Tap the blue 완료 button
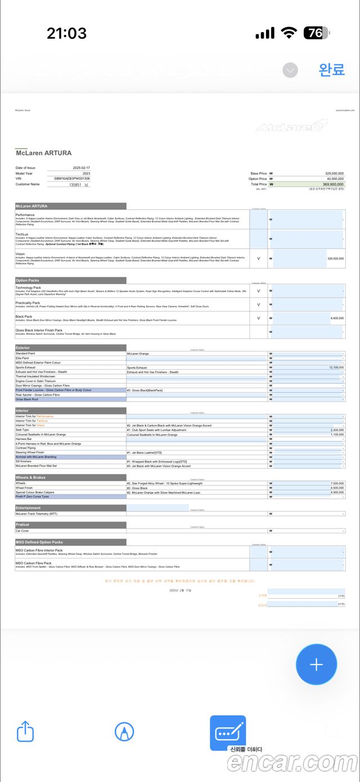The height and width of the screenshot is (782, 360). pos(331,70)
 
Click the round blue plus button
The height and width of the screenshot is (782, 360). pos(316,664)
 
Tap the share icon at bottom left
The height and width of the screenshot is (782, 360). pos(26,732)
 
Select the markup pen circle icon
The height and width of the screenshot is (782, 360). pos(124,732)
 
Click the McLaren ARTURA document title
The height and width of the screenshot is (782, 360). pos(43,153)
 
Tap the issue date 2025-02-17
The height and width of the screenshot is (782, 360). pos(81,168)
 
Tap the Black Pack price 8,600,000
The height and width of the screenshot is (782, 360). pos(336,318)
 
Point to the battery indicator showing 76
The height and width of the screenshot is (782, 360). pos(316,33)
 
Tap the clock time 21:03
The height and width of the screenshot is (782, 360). pos(66,33)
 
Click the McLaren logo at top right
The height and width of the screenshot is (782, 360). pos(291,125)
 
